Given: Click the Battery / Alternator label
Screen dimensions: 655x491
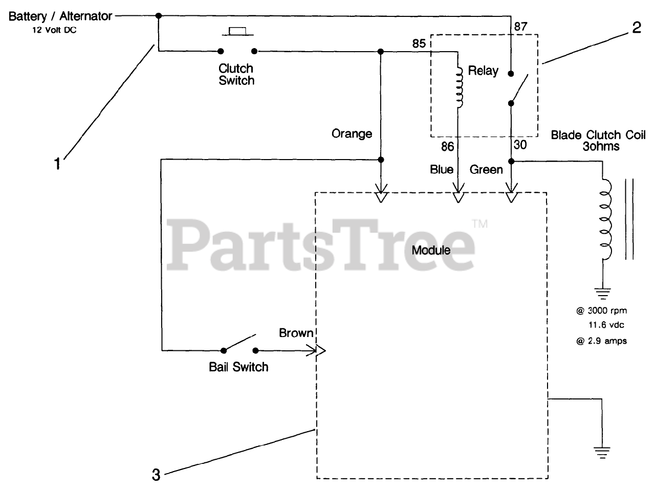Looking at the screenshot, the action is [x=60, y=16].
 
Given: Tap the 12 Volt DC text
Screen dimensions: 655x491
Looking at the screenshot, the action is [x=55, y=30].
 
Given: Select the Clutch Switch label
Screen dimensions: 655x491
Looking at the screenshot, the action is [x=236, y=74].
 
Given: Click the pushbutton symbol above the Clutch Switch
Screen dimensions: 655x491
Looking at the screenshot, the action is [x=237, y=32].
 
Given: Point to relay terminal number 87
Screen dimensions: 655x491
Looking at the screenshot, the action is [x=520, y=27].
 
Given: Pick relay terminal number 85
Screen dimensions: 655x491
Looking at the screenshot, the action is [x=419, y=44].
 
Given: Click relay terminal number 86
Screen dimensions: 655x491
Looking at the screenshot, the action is [x=447, y=147].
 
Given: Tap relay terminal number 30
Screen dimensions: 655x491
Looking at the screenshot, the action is [x=520, y=145].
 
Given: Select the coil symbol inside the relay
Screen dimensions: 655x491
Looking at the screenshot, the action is [x=460, y=87].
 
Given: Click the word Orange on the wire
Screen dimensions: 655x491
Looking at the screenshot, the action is [x=352, y=134].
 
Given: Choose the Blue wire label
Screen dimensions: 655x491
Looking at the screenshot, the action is [x=442, y=169].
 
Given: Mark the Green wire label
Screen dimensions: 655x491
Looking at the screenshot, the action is [x=486, y=169].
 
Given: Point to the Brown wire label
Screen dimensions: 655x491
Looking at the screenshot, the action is [x=296, y=333].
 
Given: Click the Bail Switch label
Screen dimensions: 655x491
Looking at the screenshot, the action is [x=238, y=367].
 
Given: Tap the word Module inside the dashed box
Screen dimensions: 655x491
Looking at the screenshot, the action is [x=431, y=250].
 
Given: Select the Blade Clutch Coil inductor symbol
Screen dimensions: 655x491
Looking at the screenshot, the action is [x=606, y=220].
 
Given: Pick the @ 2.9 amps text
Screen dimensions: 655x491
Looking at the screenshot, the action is [x=601, y=341].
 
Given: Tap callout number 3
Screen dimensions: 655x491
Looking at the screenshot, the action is [x=156, y=475].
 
